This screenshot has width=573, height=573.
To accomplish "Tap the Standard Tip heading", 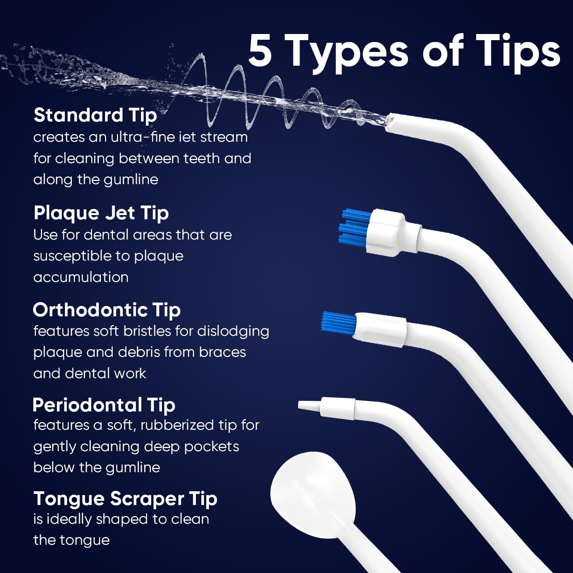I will (95, 115).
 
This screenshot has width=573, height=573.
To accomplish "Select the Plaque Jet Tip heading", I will (101, 213).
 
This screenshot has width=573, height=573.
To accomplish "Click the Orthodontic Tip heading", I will (107, 310).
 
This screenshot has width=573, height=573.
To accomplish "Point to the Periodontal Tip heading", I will (104, 405).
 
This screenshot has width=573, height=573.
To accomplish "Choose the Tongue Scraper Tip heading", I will (125, 499).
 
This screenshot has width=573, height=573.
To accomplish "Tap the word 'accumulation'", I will (81, 277).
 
